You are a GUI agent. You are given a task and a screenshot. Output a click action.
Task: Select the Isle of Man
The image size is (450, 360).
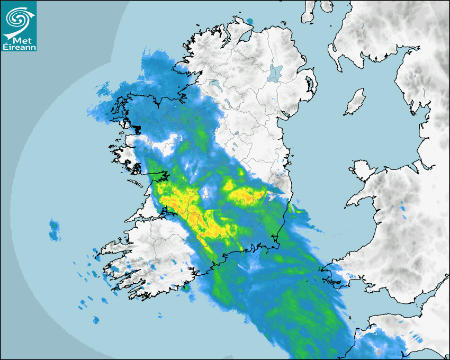tap(355, 102)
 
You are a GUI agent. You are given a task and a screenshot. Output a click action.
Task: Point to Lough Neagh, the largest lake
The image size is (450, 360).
tap(275, 73)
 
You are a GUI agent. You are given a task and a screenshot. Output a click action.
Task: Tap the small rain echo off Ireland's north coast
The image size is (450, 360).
tap(249, 21)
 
